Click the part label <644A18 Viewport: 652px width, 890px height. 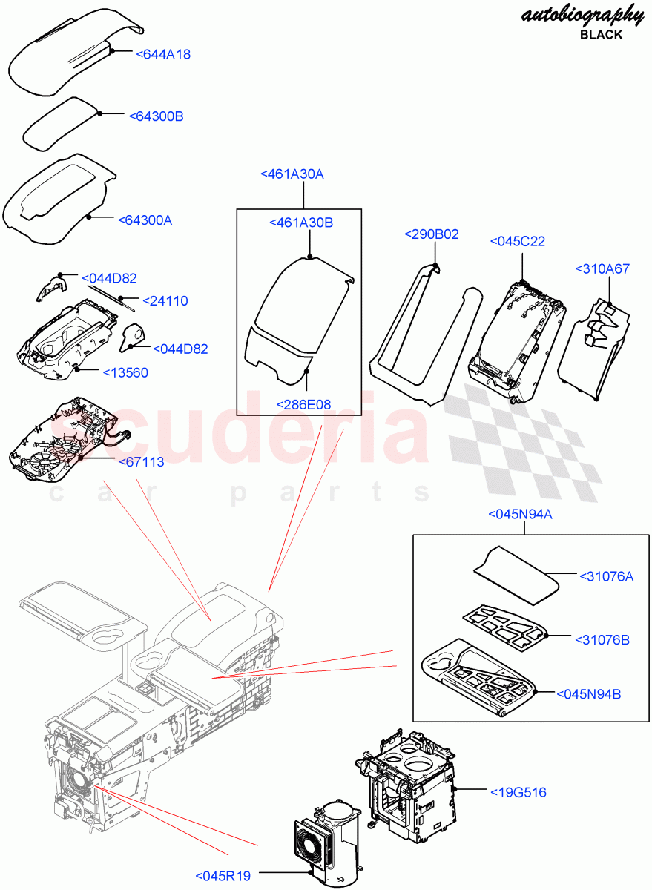click(164, 54)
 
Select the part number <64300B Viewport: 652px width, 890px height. click(156, 116)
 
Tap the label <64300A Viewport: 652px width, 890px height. click(145, 220)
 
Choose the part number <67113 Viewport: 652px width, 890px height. click(141, 462)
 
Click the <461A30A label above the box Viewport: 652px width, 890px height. click(292, 174)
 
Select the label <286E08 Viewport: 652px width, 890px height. click(303, 404)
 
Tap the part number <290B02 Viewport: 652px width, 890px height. click(431, 234)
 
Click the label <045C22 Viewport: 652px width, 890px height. click(518, 241)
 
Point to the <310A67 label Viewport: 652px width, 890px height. click(602, 268)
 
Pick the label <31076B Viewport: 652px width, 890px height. click(602, 639)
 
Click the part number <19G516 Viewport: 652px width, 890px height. click(518, 792)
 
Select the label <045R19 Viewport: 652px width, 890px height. click(223, 876)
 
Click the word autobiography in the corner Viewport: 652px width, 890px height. click(583, 15)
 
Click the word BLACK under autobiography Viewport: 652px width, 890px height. click(601, 35)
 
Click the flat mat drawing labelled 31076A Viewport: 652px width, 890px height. click(516, 570)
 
